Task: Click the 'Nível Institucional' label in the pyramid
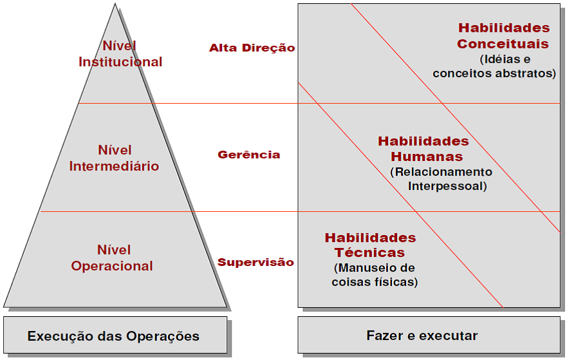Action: coord(120,54)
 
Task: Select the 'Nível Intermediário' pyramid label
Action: coord(114,158)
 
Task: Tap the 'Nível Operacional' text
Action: coord(113,258)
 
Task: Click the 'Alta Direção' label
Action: coord(252,48)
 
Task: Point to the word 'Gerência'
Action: coord(248,155)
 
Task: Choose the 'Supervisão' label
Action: coord(256,262)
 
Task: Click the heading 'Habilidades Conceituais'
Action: coord(503,36)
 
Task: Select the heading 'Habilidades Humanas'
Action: coord(423,149)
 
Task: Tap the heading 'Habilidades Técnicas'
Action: coord(370,245)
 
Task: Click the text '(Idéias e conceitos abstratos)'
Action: coord(494,66)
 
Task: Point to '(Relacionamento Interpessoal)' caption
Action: coord(442,179)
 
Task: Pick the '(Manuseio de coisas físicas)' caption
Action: coord(375,275)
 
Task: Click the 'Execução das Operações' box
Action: coord(114,336)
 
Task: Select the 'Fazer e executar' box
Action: coord(422,336)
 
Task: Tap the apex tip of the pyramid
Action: coord(116,5)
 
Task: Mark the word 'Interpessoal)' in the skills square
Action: coord(447,186)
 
